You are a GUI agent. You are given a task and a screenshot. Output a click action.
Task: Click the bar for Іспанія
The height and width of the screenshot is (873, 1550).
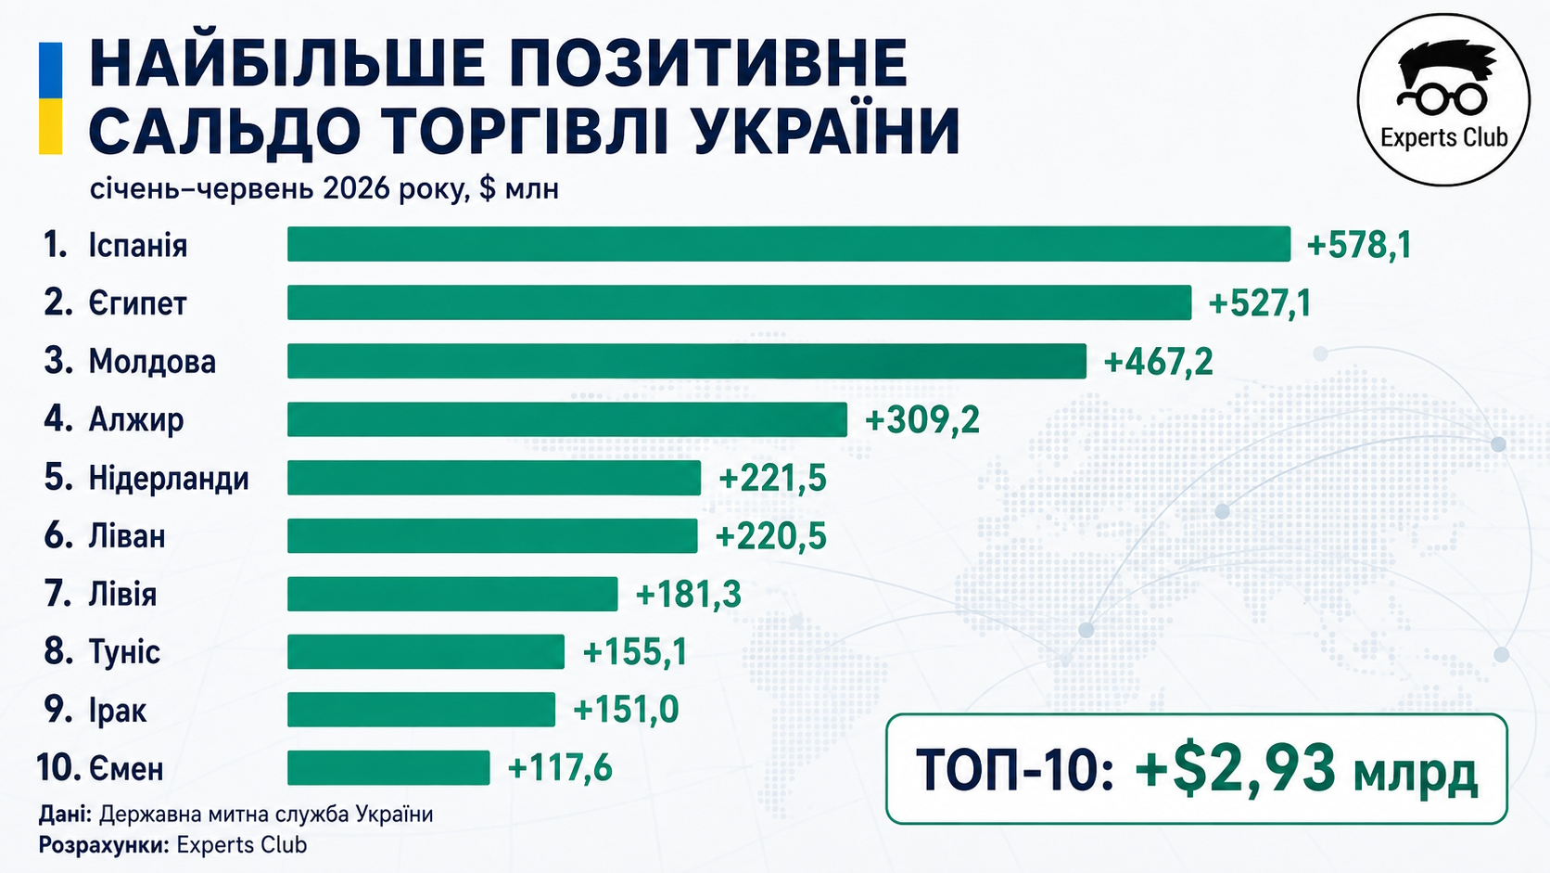789,244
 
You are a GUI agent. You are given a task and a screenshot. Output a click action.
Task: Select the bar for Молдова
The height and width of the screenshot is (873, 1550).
687,361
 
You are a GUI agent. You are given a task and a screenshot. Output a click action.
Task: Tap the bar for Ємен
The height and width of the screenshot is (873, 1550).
388,768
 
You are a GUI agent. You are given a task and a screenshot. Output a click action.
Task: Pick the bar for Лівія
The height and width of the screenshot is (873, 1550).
452,594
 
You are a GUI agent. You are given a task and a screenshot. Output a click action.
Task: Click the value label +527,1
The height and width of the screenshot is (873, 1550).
1259,303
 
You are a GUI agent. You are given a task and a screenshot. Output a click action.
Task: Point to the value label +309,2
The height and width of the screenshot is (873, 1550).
922,419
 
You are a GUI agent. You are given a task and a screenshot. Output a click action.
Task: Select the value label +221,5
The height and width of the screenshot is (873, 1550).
772,479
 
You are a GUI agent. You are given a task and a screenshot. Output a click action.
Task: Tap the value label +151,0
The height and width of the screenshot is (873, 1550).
626,710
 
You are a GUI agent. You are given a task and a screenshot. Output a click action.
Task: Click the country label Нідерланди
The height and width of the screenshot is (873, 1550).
169,479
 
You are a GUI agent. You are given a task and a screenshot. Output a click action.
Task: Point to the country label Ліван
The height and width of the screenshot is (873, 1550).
127,536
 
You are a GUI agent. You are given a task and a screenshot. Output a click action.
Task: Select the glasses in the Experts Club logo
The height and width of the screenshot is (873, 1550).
1442,99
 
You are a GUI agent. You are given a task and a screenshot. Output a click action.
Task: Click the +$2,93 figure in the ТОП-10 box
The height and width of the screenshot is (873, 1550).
1235,768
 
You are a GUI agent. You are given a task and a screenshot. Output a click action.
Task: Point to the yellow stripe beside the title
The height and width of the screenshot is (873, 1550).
50,126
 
